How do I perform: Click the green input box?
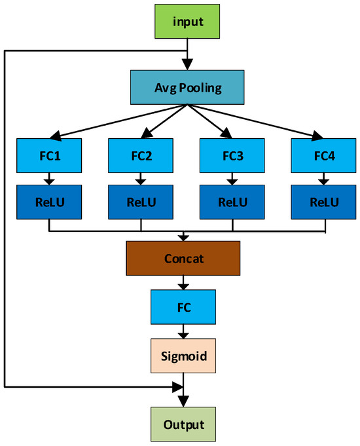(188, 21)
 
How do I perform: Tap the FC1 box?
(49, 157)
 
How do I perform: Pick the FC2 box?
(141, 157)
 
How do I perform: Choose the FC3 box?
(233, 157)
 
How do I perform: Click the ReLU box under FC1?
(49, 202)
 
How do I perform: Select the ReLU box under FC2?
(141, 202)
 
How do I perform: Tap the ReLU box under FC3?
(233, 202)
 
